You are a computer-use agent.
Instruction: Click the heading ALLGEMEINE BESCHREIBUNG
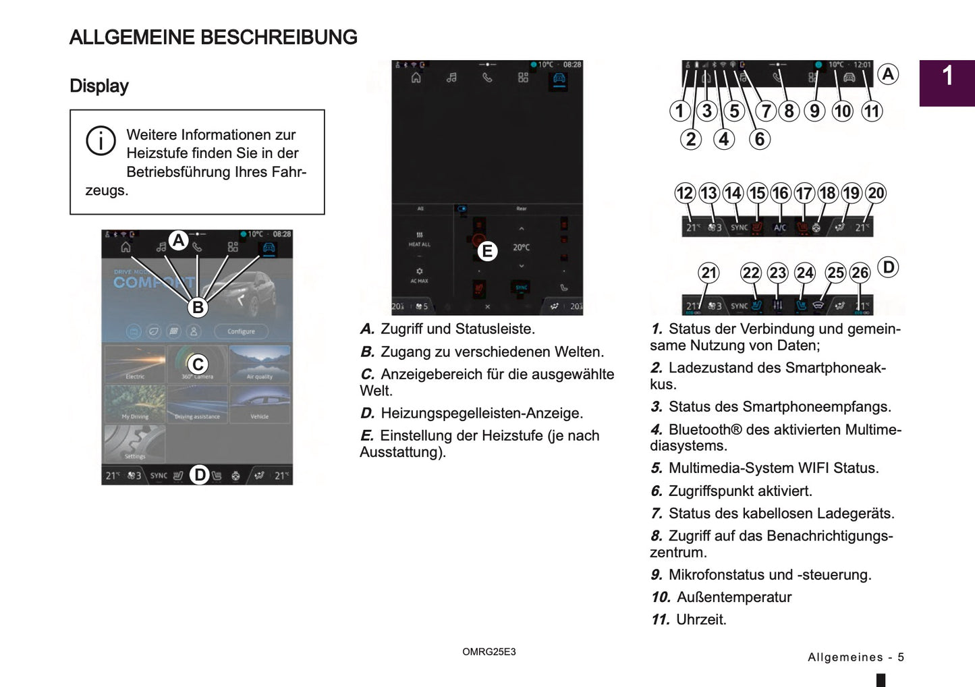click(x=213, y=37)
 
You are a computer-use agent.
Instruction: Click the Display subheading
click(x=99, y=86)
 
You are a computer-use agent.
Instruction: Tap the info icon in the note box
click(x=101, y=141)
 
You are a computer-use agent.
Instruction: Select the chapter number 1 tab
click(x=947, y=76)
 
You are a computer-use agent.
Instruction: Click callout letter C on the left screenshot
click(x=198, y=364)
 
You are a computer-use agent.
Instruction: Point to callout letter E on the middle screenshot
click(x=486, y=252)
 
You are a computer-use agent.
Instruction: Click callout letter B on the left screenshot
click(x=198, y=307)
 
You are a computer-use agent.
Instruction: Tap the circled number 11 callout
click(x=872, y=111)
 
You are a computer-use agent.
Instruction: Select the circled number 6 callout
click(x=760, y=139)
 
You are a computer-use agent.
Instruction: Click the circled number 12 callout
click(x=685, y=194)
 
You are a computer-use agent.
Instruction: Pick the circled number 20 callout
click(x=876, y=194)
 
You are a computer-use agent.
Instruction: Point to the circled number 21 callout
click(x=708, y=273)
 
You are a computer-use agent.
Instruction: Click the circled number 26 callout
click(x=860, y=273)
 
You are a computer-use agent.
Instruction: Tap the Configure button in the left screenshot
click(x=241, y=331)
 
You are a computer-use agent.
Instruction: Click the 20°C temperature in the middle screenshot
click(x=521, y=248)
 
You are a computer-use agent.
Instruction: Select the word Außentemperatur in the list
click(x=734, y=597)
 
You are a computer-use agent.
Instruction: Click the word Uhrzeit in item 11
click(x=701, y=620)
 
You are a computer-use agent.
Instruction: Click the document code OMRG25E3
click(x=489, y=652)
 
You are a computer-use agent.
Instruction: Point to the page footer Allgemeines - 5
click(x=856, y=657)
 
